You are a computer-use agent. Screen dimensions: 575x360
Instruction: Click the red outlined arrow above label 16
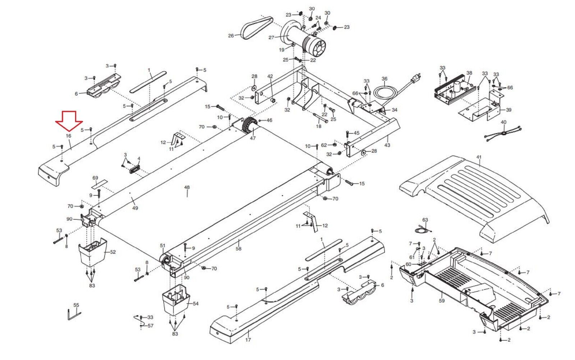pyautogui.click(x=69, y=121)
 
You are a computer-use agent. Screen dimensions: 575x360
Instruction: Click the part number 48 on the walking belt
pyautogui.click(x=187, y=187)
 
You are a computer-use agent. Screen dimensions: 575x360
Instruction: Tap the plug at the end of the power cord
pyautogui.click(x=417, y=77)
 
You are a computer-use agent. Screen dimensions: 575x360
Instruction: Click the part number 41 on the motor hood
pyautogui.click(x=479, y=157)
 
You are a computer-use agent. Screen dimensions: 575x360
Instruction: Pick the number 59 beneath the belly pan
pyautogui.click(x=442, y=300)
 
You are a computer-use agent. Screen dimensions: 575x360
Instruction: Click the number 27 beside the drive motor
pyautogui.click(x=271, y=37)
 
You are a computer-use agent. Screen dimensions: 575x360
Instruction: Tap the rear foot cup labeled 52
pyautogui.click(x=92, y=252)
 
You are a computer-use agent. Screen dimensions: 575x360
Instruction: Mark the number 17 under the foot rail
pyautogui.click(x=248, y=340)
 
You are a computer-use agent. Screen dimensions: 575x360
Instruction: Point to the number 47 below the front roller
pyautogui.click(x=253, y=138)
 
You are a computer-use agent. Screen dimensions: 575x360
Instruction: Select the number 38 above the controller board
pyautogui.click(x=469, y=73)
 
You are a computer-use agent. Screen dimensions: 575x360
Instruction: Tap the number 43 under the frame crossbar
pyautogui.click(x=387, y=145)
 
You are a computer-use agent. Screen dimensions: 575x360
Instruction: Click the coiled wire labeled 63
pyautogui.click(x=423, y=229)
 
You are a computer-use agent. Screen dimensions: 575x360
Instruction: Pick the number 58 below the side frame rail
pyautogui.click(x=239, y=249)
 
